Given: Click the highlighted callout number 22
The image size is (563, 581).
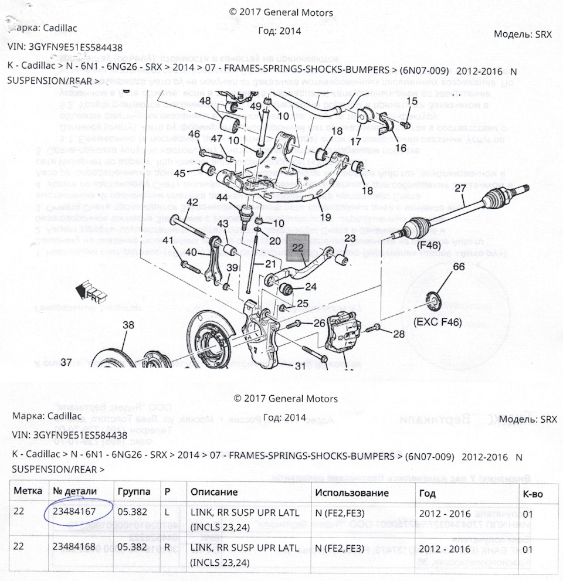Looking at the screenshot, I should point(298,247).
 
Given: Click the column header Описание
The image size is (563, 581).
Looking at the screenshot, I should point(214,492).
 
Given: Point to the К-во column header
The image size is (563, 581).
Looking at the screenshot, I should point(533,493).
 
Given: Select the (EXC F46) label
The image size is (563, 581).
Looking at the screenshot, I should point(437,322).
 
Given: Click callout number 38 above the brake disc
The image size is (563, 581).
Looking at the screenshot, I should point(128,325).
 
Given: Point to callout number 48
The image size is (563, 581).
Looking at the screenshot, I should point(205,101).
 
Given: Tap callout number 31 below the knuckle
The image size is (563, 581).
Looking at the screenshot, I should point(300,366).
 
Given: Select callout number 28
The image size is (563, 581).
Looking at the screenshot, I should point(399,334).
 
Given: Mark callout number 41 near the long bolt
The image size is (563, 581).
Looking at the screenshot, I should point(168,241).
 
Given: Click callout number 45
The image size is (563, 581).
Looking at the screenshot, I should point(179,173).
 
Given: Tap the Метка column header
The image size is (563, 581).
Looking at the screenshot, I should point(28,492).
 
